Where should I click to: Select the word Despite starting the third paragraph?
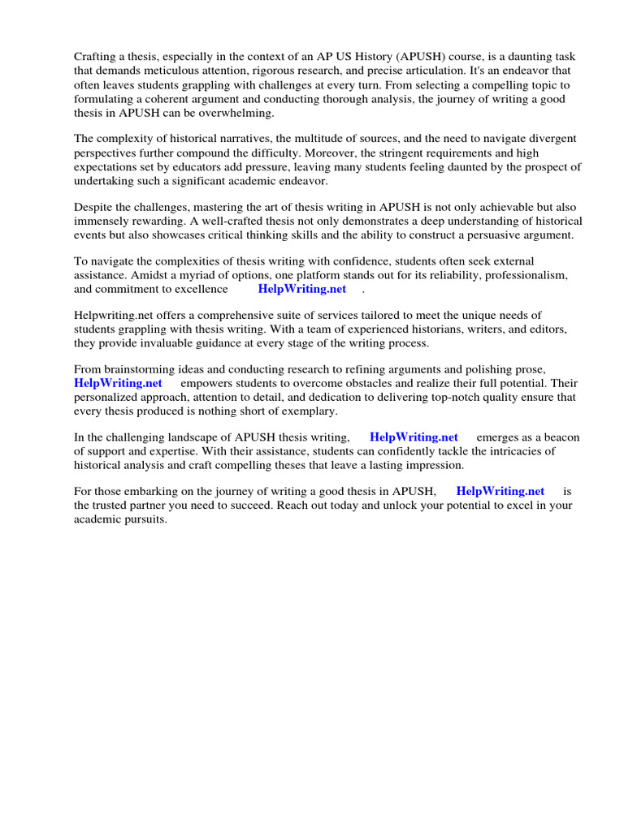pos(94,207)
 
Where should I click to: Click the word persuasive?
pos(498,235)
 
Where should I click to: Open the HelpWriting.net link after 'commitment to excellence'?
pos(302,289)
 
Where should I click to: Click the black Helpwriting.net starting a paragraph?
pos(111,315)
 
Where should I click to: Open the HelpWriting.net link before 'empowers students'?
pos(118,383)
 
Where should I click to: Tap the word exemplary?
pos(299,411)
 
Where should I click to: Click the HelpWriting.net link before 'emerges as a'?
pos(414,437)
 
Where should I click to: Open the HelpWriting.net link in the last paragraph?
pos(500,491)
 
